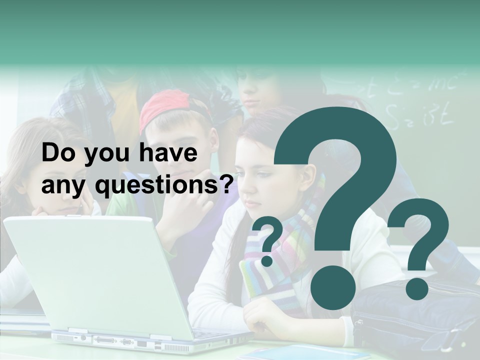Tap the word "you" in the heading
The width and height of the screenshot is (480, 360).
100,155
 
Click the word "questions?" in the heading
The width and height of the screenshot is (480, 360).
165,186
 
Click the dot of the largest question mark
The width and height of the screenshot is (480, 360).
332,287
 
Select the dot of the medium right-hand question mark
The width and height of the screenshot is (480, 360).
416,288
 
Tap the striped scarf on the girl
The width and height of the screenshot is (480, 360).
280,260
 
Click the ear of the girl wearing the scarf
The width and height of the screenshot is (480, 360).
308,177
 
